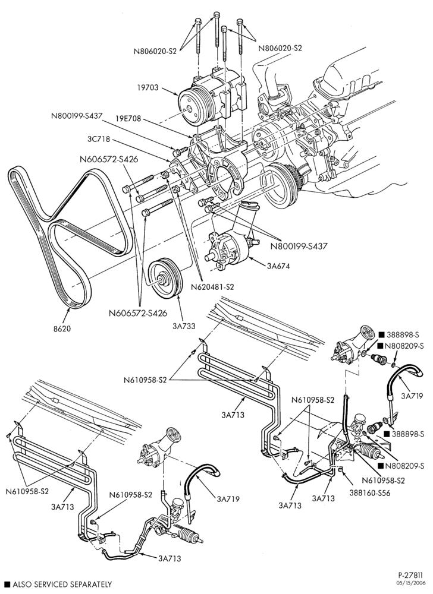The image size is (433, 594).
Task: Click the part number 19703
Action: click(148, 89)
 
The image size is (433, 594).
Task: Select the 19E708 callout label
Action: click(128, 119)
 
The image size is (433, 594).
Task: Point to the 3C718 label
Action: click(98, 139)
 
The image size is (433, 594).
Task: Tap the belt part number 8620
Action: click(61, 329)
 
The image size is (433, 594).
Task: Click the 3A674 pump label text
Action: click(278, 266)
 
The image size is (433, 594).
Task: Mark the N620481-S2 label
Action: click(212, 287)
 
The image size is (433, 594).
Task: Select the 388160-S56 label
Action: click(371, 493)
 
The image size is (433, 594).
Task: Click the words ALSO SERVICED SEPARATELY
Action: click(62, 584)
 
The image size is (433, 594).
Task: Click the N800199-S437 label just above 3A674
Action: click(299, 246)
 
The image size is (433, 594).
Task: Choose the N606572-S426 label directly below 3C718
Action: click(109, 159)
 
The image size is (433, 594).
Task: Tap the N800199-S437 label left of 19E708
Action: click(77, 116)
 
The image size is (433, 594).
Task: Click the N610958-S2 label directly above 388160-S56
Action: click(383, 481)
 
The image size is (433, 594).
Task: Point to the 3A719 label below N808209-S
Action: click(412, 396)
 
